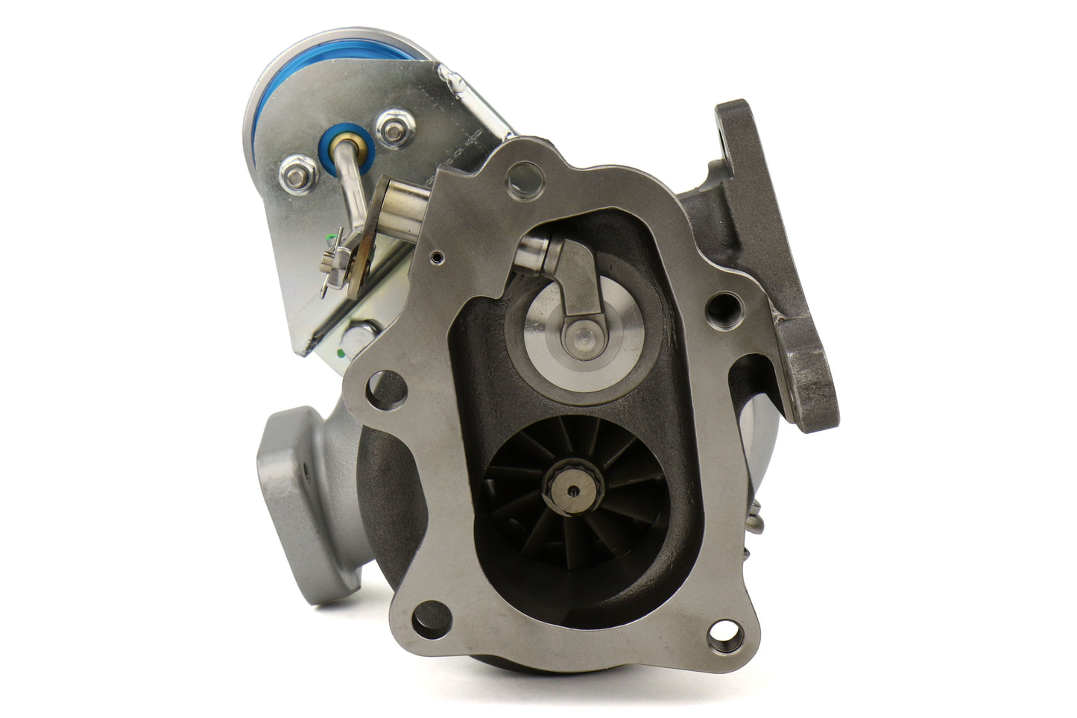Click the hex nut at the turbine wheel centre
pyautogui.click(x=572, y=490)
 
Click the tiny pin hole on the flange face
pyautogui.click(x=437, y=257)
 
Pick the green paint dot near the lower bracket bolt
pyautogui.click(x=341, y=353)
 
